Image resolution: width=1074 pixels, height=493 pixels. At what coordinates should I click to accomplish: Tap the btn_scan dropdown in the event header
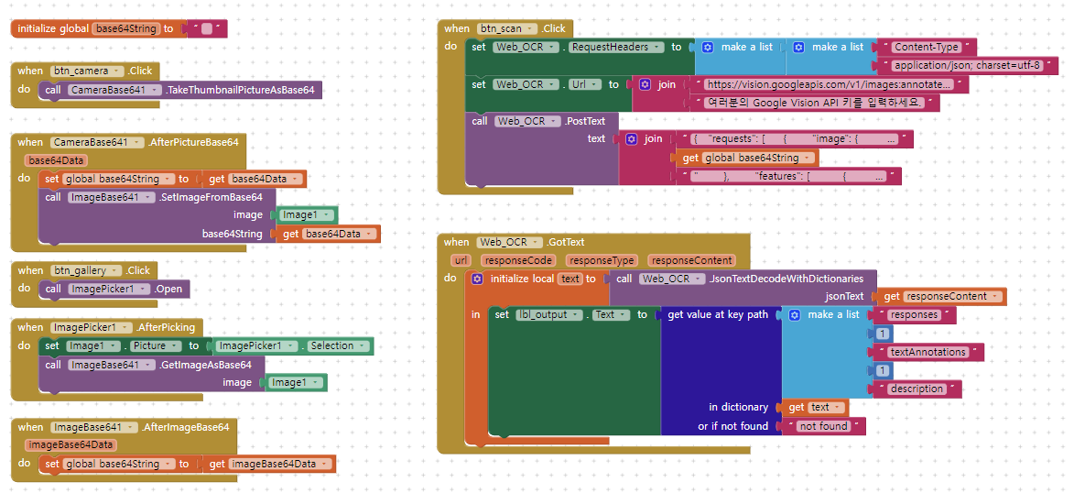point(506,28)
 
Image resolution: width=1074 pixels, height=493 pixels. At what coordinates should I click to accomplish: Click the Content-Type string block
point(926,47)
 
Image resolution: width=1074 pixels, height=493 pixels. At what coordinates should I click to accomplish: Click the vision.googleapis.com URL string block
point(824,84)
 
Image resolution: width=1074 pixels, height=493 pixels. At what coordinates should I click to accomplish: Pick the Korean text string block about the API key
point(816,103)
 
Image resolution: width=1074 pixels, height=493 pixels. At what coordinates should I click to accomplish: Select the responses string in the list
point(914,314)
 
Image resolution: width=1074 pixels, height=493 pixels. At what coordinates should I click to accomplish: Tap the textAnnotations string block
point(928,352)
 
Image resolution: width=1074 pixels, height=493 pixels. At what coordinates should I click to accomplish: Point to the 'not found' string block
point(822,426)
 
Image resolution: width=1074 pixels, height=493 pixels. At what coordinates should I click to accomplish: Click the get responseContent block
point(943,296)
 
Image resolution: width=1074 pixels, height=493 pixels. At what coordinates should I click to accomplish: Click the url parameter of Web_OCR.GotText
point(461,260)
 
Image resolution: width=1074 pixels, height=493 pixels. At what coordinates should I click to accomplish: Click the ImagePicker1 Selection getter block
point(292,345)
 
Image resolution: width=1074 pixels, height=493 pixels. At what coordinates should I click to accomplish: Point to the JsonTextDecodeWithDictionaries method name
point(787,279)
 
